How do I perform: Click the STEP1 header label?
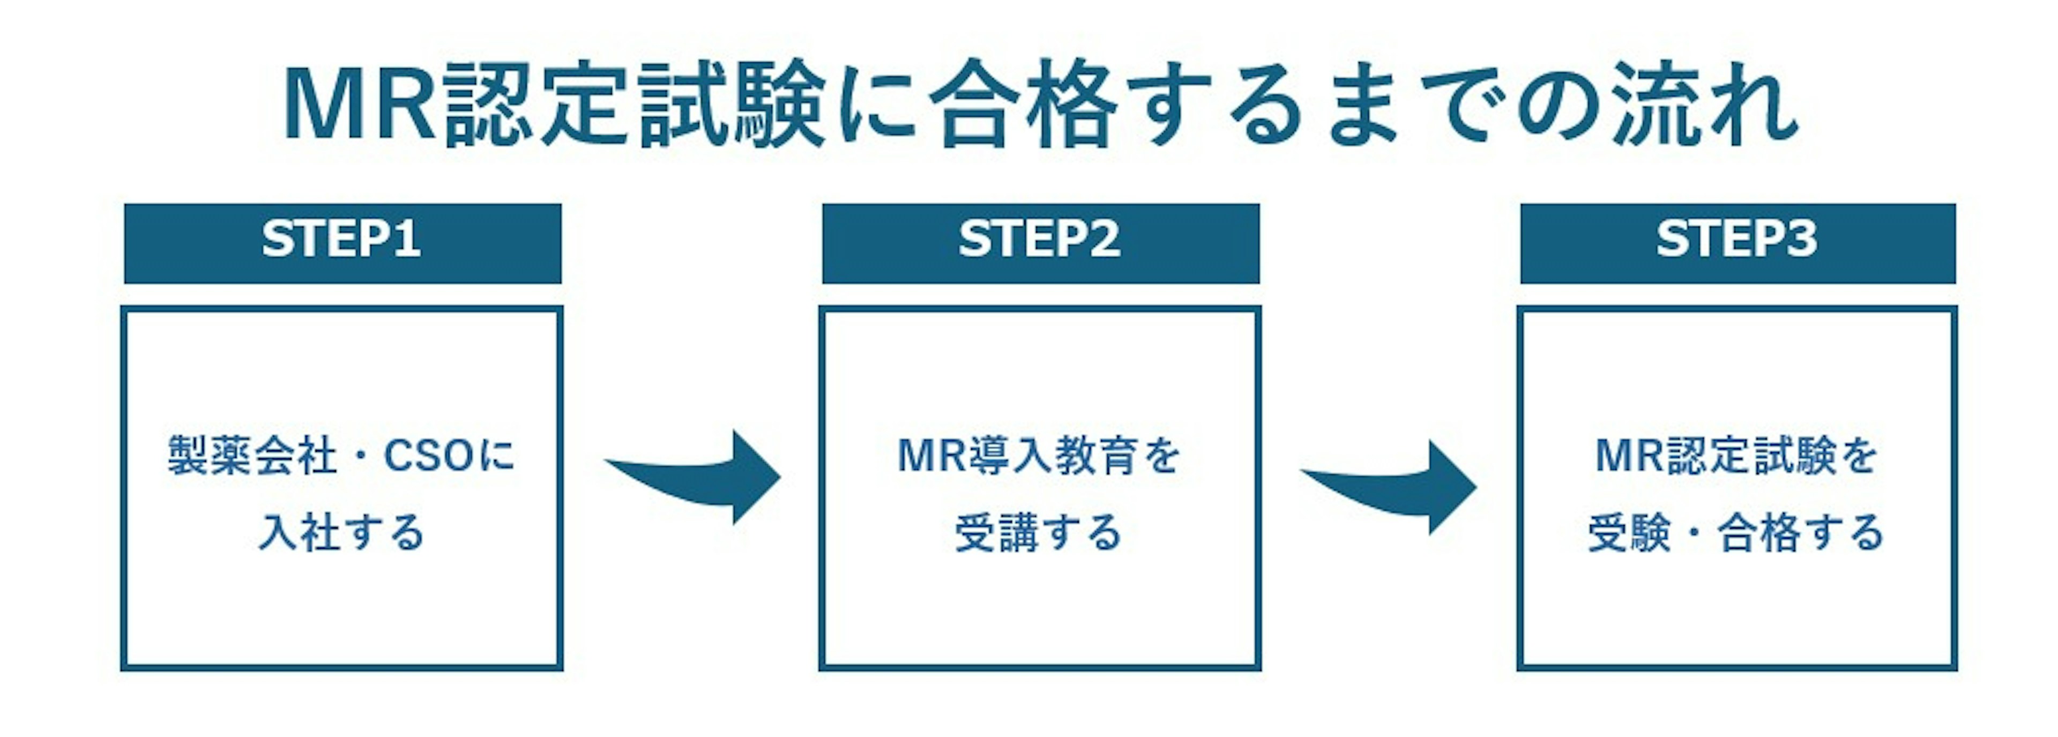pyautogui.click(x=342, y=240)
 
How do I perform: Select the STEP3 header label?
pyautogui.click(x=1737, y=240)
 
